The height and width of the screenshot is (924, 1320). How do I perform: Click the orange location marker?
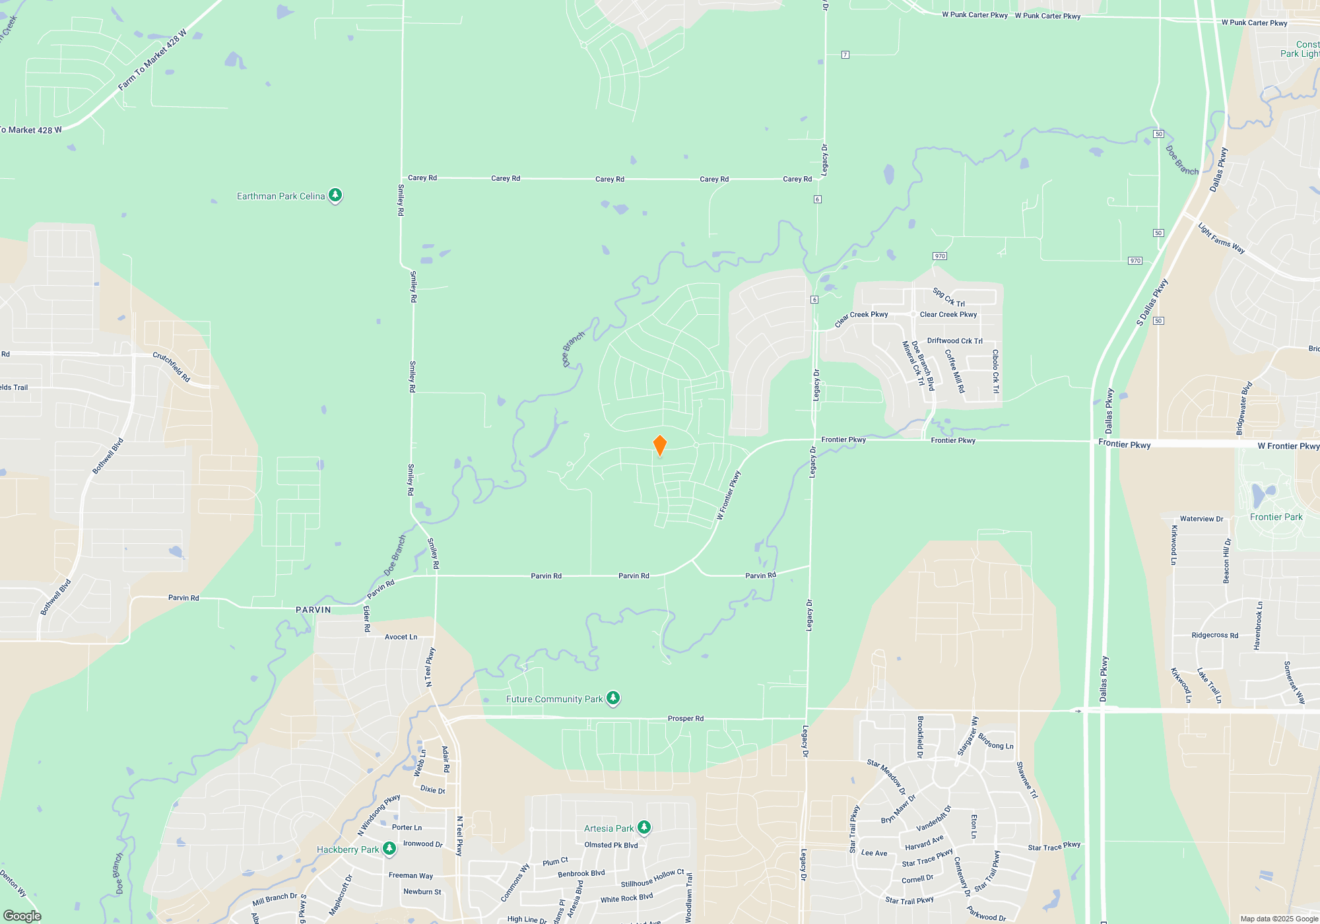659,445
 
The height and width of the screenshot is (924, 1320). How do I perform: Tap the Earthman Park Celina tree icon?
335,195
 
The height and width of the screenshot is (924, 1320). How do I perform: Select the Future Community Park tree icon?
613,698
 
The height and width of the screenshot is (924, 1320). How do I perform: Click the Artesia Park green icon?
644,827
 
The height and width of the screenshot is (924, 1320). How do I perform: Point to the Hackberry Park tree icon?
389,848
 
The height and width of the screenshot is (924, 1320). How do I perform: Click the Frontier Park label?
1276,517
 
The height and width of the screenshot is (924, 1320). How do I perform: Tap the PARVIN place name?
313,610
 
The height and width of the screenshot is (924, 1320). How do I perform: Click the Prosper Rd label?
686,718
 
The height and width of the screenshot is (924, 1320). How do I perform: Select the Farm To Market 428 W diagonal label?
152,60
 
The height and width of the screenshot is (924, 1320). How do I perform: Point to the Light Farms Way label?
1221,238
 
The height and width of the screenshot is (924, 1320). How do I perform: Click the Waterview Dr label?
1201,519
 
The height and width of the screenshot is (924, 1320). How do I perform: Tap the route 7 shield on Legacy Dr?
845,55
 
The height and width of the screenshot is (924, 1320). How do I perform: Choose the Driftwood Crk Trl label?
954,341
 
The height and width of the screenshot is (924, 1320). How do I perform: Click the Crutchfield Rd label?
172,366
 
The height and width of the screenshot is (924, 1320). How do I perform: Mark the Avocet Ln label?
401,637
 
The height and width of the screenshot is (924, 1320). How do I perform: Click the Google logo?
22,915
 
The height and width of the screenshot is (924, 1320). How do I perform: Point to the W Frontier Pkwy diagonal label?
729,495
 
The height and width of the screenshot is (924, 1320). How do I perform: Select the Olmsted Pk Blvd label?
611,845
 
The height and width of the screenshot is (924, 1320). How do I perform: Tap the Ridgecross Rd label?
1214,635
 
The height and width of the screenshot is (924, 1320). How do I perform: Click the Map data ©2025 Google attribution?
1278,919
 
